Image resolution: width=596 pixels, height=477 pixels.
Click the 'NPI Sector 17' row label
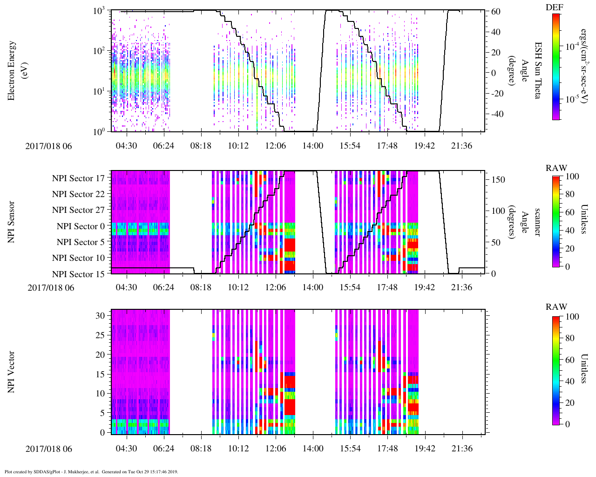78,178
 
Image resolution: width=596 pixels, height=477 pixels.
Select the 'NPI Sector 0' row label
81,226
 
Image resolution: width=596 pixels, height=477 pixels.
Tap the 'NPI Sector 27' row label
78,210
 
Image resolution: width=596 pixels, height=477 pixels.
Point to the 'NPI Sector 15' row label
78,274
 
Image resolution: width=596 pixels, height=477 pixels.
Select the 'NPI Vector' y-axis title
12,372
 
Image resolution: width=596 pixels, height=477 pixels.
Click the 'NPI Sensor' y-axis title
12,222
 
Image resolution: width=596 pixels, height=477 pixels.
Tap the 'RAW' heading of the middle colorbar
556,168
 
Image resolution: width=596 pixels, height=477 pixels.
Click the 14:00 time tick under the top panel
312,146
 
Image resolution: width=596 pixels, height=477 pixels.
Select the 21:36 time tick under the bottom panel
461,449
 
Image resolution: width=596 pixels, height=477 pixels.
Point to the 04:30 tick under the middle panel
126,287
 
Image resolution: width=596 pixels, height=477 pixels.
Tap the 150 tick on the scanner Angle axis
499,180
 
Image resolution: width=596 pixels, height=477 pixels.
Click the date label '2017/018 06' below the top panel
49,146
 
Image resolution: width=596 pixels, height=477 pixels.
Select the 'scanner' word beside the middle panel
537,222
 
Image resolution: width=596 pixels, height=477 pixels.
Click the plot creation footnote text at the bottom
91,471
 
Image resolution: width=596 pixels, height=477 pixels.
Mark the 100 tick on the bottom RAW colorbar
572,317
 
